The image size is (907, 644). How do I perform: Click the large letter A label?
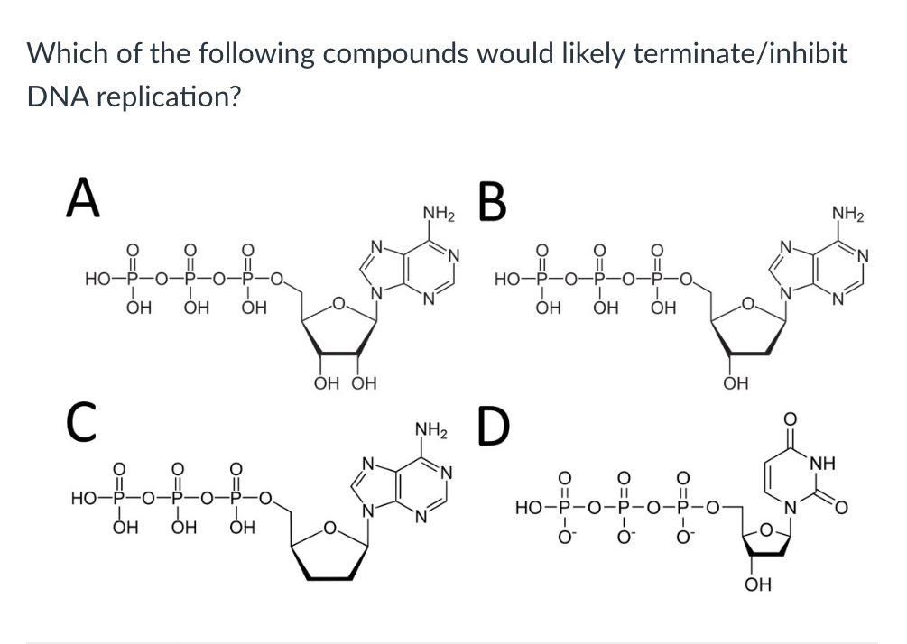(x=83, y=198)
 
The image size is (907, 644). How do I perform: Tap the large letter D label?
(x=495, y=427)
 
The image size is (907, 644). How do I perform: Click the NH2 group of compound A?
(x=439, y=214)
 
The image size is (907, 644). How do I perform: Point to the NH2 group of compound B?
(x=848, y=214)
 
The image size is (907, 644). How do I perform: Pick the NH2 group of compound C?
(x=431, y=430)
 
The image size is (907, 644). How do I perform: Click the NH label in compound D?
(x=823, y=463)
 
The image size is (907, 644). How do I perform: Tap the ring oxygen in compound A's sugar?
(x=338, y=303)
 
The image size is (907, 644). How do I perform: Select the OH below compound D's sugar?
(x=758, y=584)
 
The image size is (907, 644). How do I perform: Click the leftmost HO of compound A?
(x=97, y=281)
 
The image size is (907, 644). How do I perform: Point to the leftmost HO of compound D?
(x=528, y=509)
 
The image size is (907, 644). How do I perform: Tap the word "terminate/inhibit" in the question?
(x=741, y=53)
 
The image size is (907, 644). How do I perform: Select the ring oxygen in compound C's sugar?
(x=329, y=527)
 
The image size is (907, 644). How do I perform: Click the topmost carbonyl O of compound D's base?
(x=791, y=419)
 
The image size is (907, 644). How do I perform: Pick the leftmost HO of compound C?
(x=83, y=498)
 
